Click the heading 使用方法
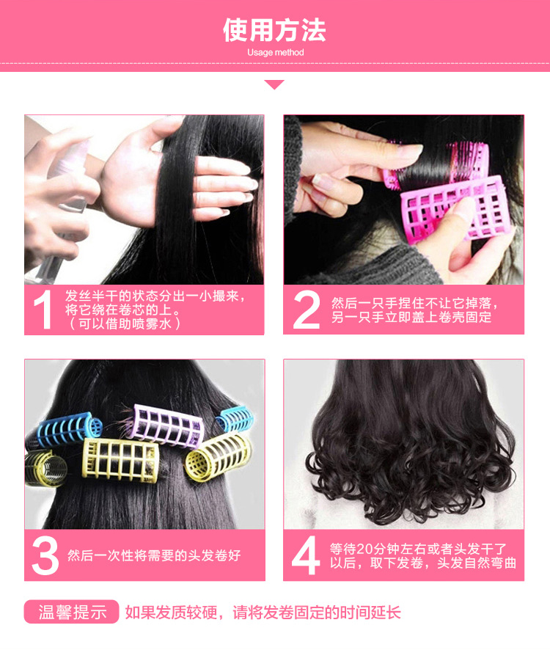pos(274,30)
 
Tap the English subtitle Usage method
pos(275,53)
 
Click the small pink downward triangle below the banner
pos(274,84)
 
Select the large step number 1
pos(43,310)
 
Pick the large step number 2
pos(307,310)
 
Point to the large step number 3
pos(45,555)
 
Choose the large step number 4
pos(306,555)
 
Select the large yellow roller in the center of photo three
pos(120,460)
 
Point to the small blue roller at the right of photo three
pos(235,418)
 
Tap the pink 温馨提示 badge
pos(72,611)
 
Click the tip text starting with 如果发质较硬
pos(263,612)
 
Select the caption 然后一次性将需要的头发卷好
pos(154,555)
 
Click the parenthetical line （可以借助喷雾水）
pos(123,324)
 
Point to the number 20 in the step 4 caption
pos(364,549)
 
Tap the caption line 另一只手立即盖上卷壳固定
pos(411,317)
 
